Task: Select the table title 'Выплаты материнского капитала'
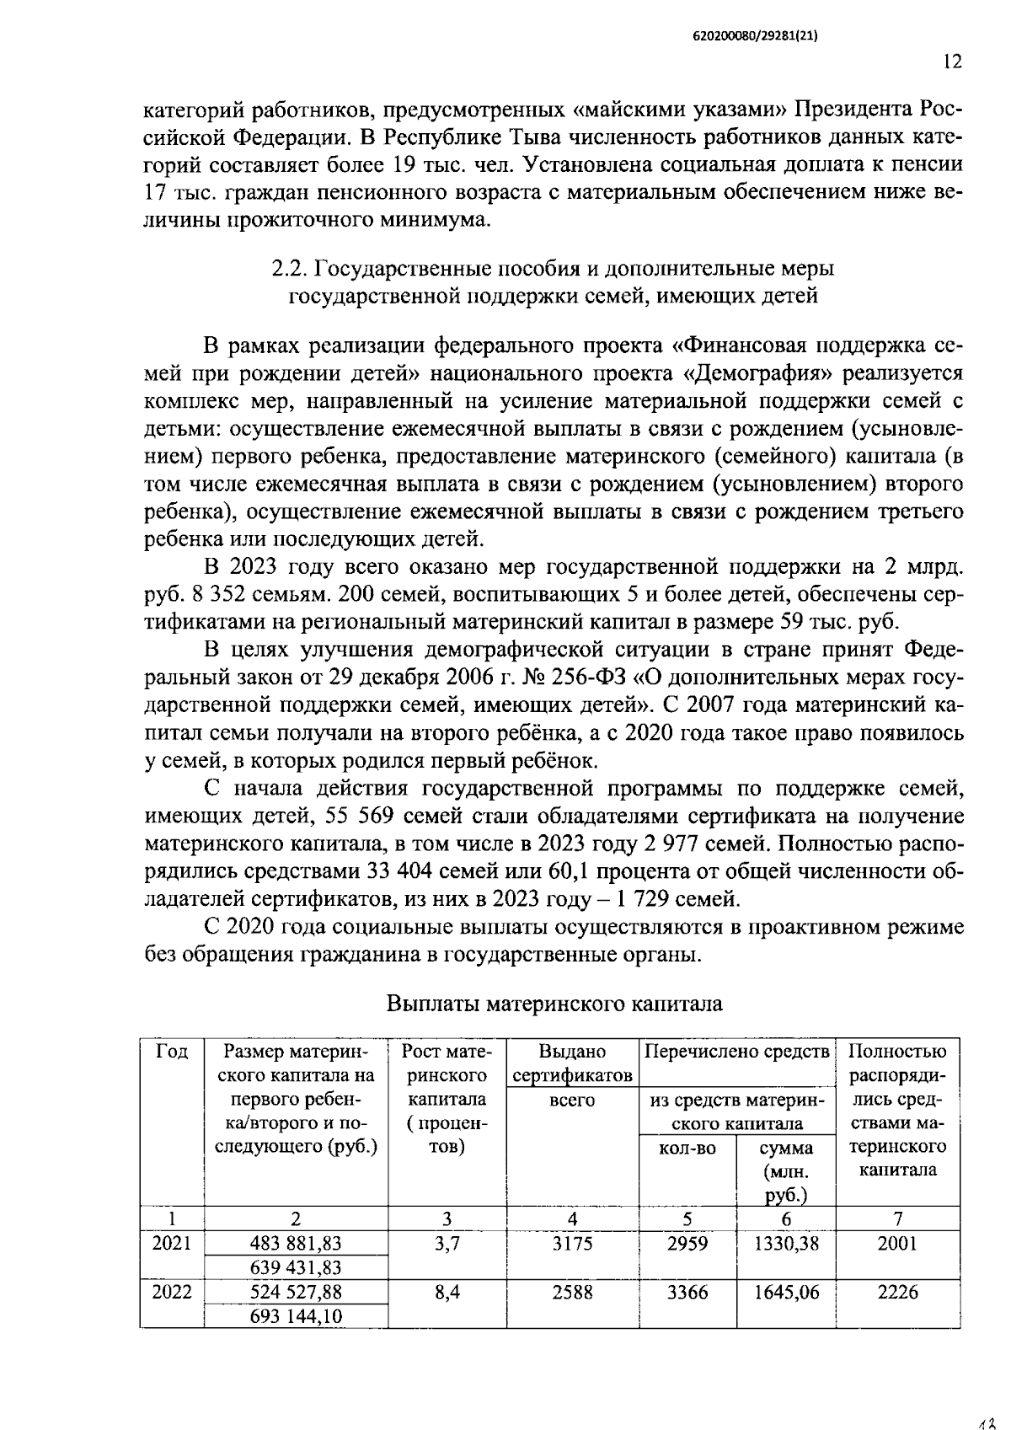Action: pos(554,1004)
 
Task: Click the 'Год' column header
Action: pos(172,1051)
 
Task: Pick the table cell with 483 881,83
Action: pos(296,1243)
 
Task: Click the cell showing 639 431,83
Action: pos(296,1267)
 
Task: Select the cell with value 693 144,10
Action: pos(296,1315)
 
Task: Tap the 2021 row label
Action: pos(172,1243)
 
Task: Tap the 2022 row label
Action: pos(172,1292)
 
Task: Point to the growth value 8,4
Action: pos(447,1292)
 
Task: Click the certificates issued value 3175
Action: pos(572,1243)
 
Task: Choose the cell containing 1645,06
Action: pos(786,1292)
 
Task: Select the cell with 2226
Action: pos(897,1292)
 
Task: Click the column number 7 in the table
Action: pos(897,1218)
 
